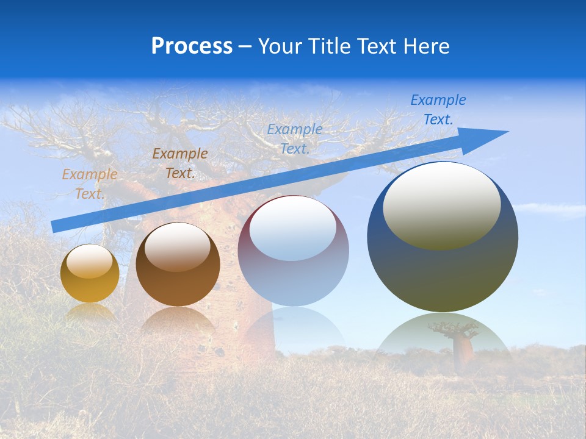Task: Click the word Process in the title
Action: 192,46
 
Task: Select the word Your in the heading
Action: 280,46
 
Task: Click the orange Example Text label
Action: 90,184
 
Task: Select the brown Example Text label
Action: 179,163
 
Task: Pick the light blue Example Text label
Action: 295,138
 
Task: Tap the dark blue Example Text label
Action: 438,110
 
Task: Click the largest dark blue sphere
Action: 443,274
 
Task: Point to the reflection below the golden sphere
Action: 90,312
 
